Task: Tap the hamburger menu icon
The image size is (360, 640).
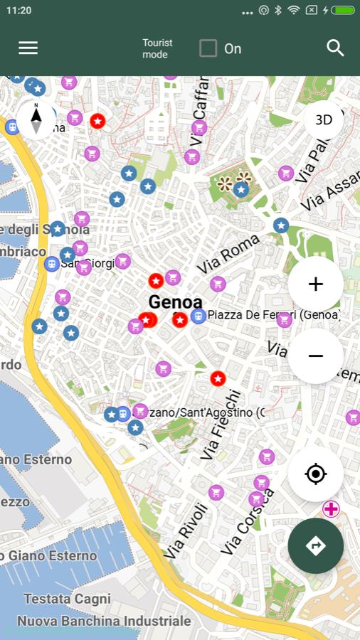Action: click(x=28, y=48)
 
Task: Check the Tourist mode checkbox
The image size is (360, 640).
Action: click(x=208, y=48)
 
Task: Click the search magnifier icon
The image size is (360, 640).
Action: click(x=335, y=48)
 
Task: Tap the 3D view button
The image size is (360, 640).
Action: click(x=324, y=119)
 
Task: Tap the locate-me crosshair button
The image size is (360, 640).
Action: click(x=316, y=474)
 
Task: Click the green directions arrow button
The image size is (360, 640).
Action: click(x=316, y=545)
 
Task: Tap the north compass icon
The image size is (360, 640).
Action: click(x=36, y=119)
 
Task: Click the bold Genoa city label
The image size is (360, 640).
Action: click(x=175, y=302)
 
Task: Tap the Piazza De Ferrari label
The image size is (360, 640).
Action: click(x=273, y=314)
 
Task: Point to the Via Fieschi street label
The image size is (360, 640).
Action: click(x=221, y=425)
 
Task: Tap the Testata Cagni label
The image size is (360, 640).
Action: click(x=67, y=599)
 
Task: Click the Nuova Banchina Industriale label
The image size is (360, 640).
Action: click(x=104, y=621)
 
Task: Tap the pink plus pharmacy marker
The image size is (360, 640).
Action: click(x=331, y=509)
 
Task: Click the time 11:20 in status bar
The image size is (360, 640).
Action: click(x=18, y=11)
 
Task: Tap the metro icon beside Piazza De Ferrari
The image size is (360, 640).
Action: click(x=198, y=316)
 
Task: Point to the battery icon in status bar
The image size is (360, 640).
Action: click(x=342, y=11)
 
